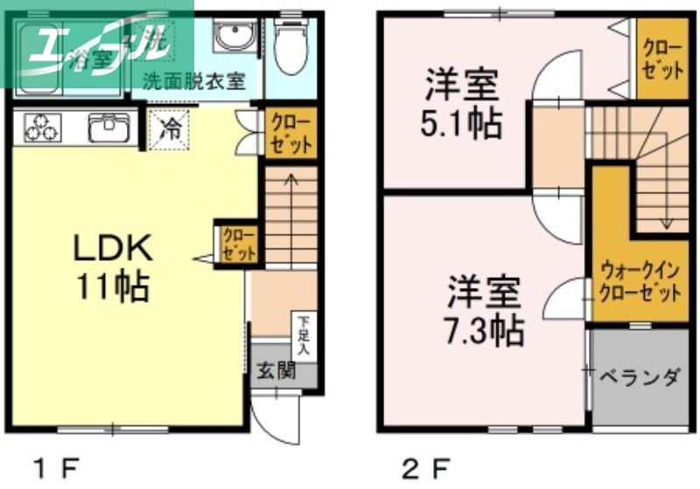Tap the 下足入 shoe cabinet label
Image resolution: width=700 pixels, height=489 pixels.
click(x=303, y=334)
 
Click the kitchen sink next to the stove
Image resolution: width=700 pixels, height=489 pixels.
click(x=108, y=129)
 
